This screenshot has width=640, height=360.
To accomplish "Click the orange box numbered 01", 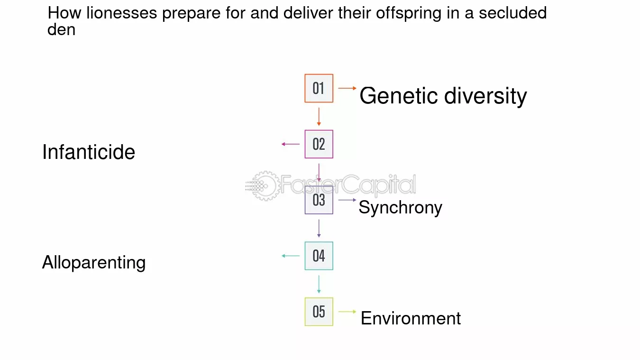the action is pyautogui.click(x=319, y=88).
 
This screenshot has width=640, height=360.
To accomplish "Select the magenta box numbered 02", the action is pyautogui.click(x=319, y=144).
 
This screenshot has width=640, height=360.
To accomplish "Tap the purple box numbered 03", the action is pyautogui.click(x=319, y=200).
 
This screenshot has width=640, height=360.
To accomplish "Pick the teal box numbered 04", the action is pyautogui.click(x=319, y=256).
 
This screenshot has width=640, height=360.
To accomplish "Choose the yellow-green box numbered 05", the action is pyautogui.click(x=319, y=312).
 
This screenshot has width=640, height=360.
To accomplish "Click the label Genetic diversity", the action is pyautogui.click(x=443, y=96).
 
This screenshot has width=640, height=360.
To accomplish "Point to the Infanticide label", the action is pyautogui.click(x=89, y=152).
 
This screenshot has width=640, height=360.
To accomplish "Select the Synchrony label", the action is pyautogui.click(x=400, y=208).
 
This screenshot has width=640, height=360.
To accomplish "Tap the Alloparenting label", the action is pyautogui.click(x=94, y=262).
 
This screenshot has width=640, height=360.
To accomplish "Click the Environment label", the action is pyautogui.click(x=411, y=318).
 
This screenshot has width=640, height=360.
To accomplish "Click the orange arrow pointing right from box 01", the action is pyautogui.click(x=347, y=88).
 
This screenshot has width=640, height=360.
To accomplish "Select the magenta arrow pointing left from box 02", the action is pyautogui.click(x=291, y=144).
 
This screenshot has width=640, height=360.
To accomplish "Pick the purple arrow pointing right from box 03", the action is pyautogui.click(x=347, y=200).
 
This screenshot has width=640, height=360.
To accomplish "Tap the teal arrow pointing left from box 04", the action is pyautogui.click(x=291, y=256).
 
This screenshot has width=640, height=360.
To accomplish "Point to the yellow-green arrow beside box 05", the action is pyautogui.click(x=347, y=312).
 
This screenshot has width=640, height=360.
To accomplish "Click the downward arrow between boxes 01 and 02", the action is pyautogui.click(x=319, y=117).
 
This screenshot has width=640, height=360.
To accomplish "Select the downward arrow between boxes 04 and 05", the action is pyautogui.click(x=319, y=284).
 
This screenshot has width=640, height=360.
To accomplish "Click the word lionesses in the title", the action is pyautogui.click(x=122, y=13).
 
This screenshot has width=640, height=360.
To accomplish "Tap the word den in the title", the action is pyautogui.click(x=62, y=29).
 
